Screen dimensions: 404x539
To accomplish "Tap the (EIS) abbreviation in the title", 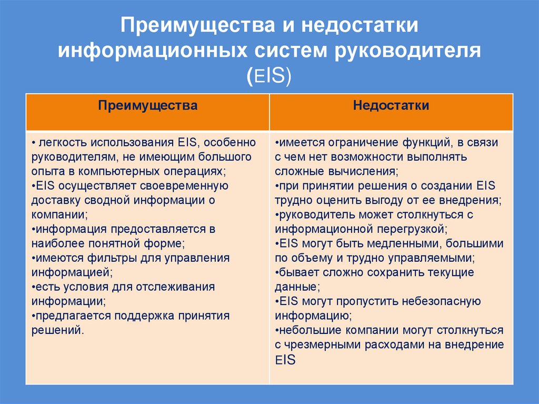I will coord(269,75).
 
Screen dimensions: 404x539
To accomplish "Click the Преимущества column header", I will coord(148,105).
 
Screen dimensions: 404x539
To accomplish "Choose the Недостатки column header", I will coord(391,105).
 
